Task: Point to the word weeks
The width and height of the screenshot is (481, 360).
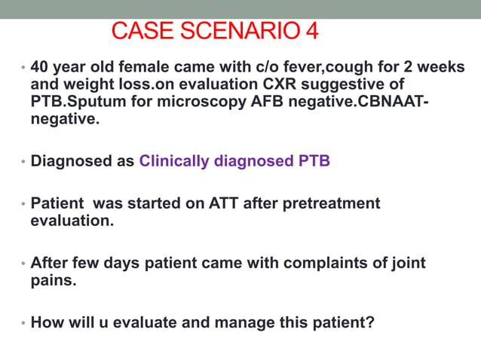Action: (x=442, y=67)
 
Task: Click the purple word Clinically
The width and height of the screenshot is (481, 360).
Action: (x=174, y=161)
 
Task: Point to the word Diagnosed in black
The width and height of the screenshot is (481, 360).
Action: (x=72, y=161)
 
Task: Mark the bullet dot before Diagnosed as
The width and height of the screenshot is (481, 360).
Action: (x=23, y=162)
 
